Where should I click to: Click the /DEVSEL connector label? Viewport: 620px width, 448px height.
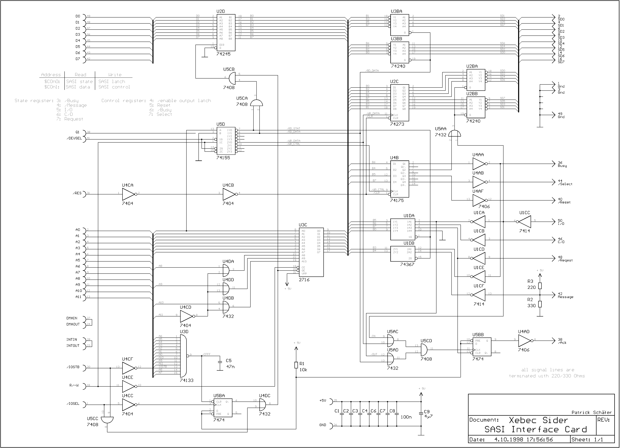[74, 138]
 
